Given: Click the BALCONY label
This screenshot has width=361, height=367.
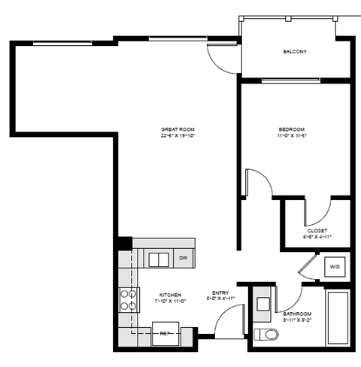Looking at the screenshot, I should pos(294,52).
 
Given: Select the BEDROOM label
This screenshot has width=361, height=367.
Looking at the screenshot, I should pos(290,130).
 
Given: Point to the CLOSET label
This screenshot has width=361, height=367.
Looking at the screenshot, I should pos(317,230).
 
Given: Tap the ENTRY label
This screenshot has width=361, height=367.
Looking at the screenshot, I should pos(220,293).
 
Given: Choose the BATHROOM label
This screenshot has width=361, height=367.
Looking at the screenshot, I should pos(297,313).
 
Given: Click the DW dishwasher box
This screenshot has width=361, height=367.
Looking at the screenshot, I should pos(183,259).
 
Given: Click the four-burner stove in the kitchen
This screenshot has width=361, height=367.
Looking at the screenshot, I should pos(129,300).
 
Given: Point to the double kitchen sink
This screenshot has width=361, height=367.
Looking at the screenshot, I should pos(159,259).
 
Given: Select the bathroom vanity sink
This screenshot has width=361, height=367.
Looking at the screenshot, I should pos(263,304).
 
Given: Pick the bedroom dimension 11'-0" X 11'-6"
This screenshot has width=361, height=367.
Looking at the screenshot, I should pos(290,136).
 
